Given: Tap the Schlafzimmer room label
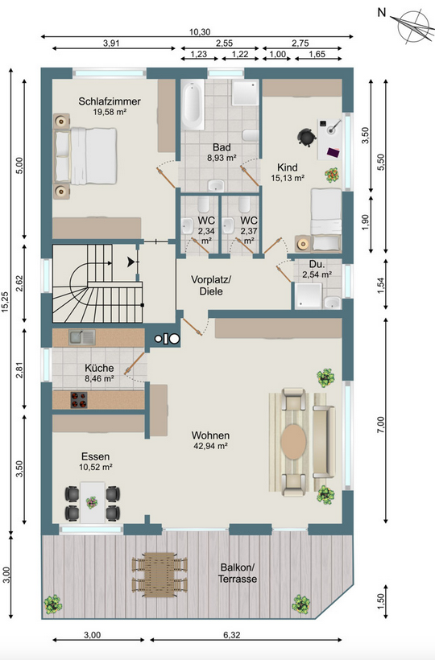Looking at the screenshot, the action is pos(110,101).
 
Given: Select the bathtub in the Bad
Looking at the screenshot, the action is pos(193,105).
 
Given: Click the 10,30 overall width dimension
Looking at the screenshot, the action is pos(200,31).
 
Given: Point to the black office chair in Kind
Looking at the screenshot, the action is pos(306,137).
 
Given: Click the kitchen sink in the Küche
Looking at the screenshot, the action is pos(82,336).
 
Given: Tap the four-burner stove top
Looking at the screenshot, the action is pos(79,400).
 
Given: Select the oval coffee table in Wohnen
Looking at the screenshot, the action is pos(293,441).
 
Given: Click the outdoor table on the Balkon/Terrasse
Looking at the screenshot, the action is pos(159,574).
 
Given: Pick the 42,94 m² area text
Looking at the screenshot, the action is pos(209,446).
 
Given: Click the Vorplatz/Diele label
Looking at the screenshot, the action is pos(211,285).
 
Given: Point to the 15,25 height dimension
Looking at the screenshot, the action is pos(5,301).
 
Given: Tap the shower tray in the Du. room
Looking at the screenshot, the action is pos(308,296).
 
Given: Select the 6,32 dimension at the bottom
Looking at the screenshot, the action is pos(232,635).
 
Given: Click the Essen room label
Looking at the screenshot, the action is pos(96,456).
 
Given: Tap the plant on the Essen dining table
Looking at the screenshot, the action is pos(92,501).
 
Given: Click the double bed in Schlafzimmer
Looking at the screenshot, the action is pos(85,156).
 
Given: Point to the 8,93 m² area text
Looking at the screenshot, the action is pos(222,159).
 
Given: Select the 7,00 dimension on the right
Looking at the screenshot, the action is pos(381,425).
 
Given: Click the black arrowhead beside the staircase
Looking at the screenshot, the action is pos(132,262).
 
